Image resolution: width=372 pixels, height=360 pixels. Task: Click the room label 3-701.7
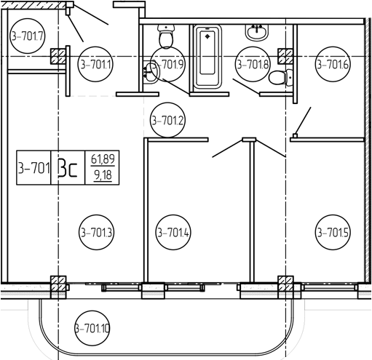pos(28,36)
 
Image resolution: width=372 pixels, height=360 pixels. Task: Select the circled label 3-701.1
pos(95,64)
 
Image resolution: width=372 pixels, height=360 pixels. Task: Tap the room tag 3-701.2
pos(167,120)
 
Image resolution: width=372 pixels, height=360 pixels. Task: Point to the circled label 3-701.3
pos(97,232)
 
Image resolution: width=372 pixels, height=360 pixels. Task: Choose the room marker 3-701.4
pos(173,232)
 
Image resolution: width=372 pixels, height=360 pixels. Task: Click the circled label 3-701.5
pos(333,232)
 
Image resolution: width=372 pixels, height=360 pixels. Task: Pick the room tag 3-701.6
pos(333,64)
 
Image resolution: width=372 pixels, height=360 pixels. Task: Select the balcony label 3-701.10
pos(92,329)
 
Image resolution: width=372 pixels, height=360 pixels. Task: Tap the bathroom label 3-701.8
pos(253,64)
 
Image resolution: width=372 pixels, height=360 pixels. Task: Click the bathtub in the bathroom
pos(207,57)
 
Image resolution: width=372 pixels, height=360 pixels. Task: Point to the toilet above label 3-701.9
pos(166,36)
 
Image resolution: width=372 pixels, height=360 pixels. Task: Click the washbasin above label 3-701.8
pos(256,33)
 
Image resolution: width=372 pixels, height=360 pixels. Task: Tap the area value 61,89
pos(103,159)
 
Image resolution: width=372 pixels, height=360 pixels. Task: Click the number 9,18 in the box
pos(103,175)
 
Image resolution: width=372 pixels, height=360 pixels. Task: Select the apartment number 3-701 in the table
pos(34,168)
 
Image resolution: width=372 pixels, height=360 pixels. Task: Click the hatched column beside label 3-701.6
pos(285,56)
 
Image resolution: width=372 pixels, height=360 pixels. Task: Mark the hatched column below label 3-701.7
pos(58,56)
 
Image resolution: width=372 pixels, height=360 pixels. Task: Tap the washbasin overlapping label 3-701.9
pos(151,72)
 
